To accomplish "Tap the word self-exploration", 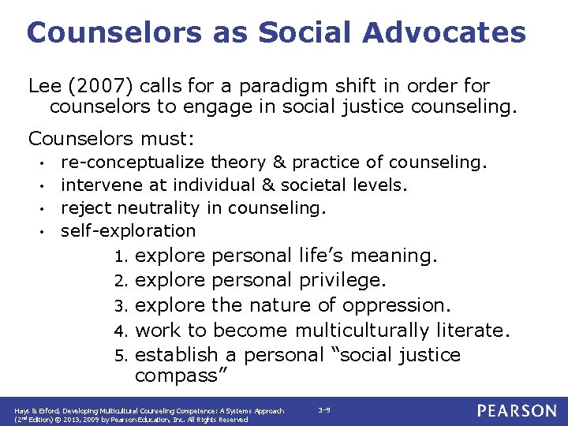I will [128, 231].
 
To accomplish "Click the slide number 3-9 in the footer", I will [323, 410].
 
